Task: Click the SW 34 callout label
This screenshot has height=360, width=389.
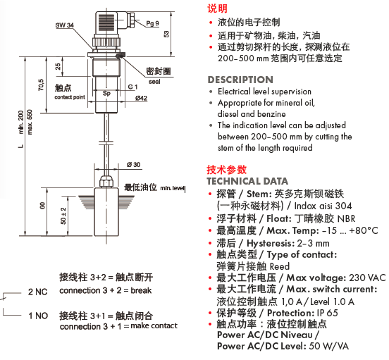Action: pyautogui.click(x=65, y=25)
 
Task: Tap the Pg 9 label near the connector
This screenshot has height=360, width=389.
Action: pyautogui.click(x=152, y=23)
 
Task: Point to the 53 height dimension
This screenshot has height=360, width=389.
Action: pyautogui.click(x=166, y=34)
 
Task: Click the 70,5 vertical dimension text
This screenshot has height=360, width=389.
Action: pyautogui.click(x=41, y=85)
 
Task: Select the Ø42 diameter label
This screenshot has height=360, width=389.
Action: pyautogui.click(x=141, y=99)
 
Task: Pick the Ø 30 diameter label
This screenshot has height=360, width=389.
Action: pyautogui.click(x=133, y=165)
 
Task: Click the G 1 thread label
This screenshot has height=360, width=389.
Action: pyautogui.click(x=132, y=87)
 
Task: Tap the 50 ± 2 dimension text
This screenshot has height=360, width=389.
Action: pyautogui.click(x=63, y=216)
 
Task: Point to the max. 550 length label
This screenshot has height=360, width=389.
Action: pyautogui.click(x=30, y=122)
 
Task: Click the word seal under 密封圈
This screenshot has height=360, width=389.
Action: pyautogui.click(x=154, y=82)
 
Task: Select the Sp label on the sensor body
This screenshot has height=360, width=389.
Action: pyautogui.click(x=106, y=93)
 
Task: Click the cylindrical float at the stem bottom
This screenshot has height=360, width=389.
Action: pyautogui.click(x=106, y=211)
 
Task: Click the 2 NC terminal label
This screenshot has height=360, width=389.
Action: pyautogui.click(x=38, y=292)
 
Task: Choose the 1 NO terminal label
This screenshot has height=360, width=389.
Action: pyautogui.click(x=38, y=316)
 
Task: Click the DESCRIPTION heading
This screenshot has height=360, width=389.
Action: pyautogui.click(x=240, y=80)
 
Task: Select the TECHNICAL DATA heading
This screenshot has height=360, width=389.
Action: pyautogui.click(x=247, y=181)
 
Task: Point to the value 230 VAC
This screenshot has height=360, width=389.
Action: pyautogui.click(x=367, y=278)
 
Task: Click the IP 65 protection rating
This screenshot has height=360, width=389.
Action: pyautogui.click(x=327, y=313)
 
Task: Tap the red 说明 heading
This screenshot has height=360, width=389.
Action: pyautogui.click(x=217, y=8)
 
